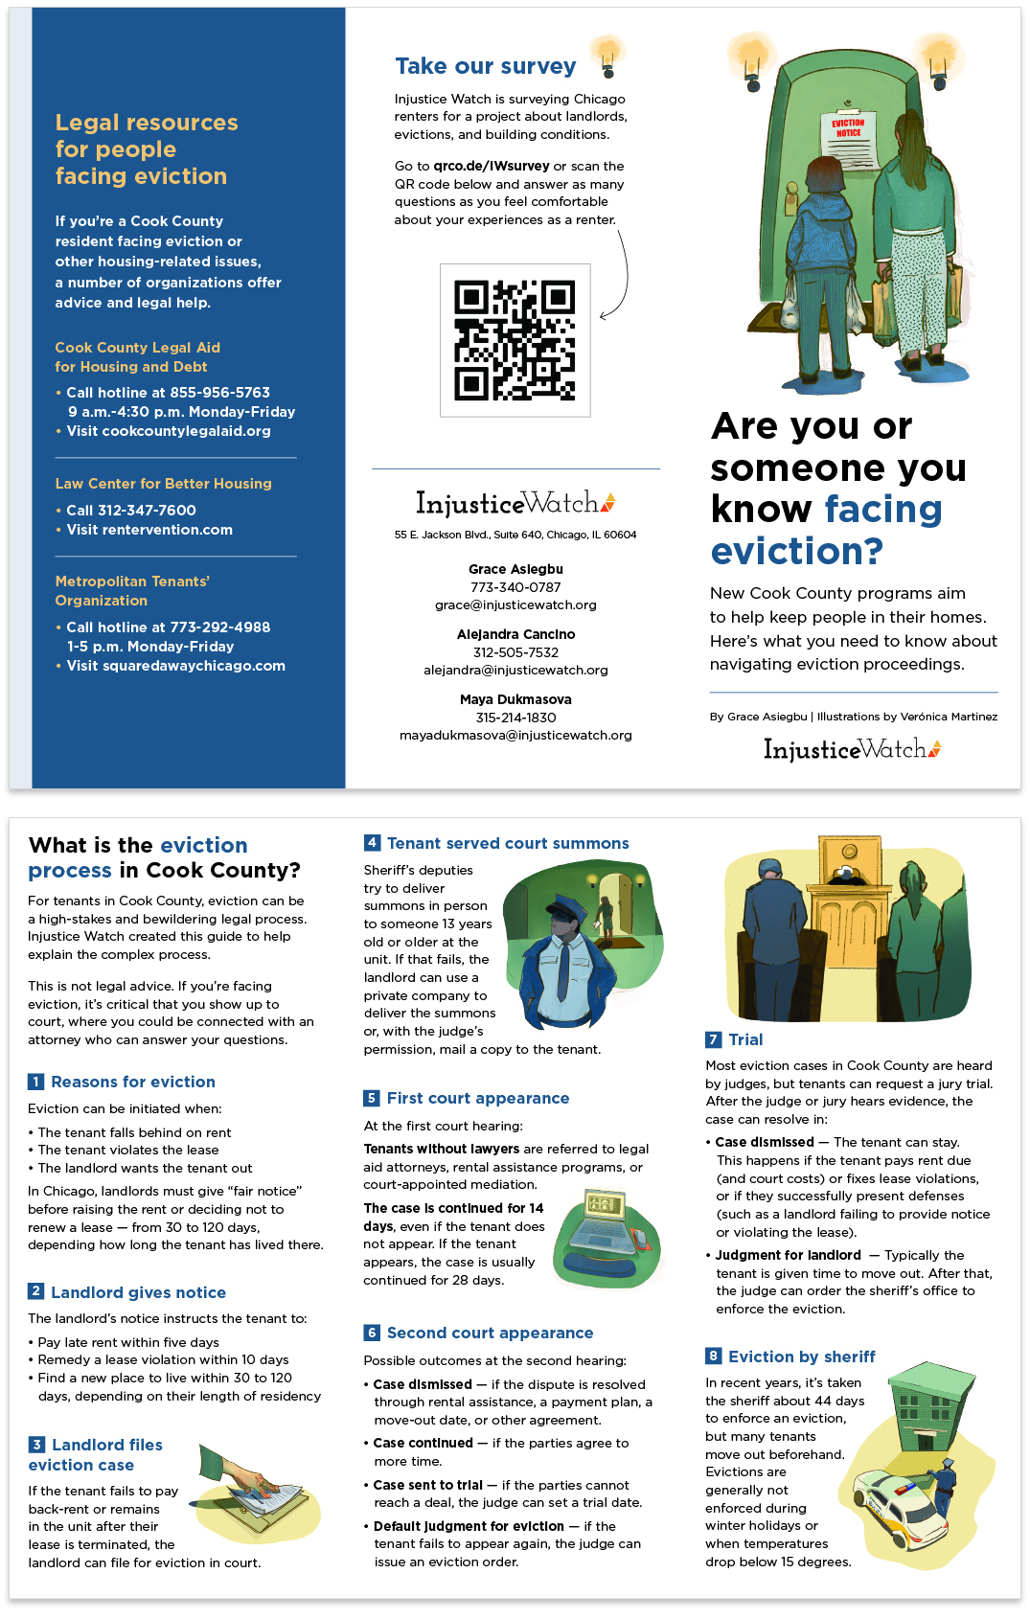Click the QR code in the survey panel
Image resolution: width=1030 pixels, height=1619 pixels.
point(515,340)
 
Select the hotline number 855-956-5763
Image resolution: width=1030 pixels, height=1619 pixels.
point(219,393)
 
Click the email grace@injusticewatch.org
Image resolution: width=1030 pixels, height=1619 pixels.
point(515,605)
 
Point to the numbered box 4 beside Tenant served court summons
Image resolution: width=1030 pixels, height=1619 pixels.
point(372,843)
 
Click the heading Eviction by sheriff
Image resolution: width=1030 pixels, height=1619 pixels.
point(801,1357)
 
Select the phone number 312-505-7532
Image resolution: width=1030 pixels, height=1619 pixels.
point(515,652)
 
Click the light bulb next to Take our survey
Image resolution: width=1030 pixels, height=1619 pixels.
point(607,57)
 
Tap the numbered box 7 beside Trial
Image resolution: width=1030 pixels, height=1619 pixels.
point(713,1039)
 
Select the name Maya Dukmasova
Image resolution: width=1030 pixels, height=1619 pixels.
point(515,699)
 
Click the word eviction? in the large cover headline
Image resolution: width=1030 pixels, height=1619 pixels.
point(796,552)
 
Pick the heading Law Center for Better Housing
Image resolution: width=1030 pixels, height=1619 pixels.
point(163,484)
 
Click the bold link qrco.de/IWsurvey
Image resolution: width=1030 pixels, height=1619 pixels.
point(491,166)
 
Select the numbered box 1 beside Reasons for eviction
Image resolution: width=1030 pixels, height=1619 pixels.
point(35,1082)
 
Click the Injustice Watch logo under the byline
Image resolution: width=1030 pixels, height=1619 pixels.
point(852,749)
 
